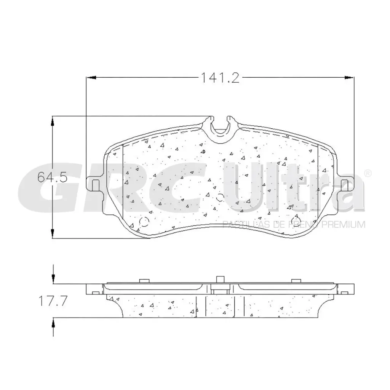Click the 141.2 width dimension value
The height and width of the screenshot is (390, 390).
[220, 78]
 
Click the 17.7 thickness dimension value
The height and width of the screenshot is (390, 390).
[52, 300]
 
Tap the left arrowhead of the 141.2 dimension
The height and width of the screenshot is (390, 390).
[91, 78]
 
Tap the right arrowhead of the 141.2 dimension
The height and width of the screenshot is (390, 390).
[350, 78]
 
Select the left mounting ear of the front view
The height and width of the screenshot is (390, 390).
[95, 185]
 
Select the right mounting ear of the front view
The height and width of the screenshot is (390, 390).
[345, 185]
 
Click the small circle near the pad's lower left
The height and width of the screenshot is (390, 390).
[144, 222]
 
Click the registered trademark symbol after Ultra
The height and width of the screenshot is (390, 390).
[368, 174]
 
